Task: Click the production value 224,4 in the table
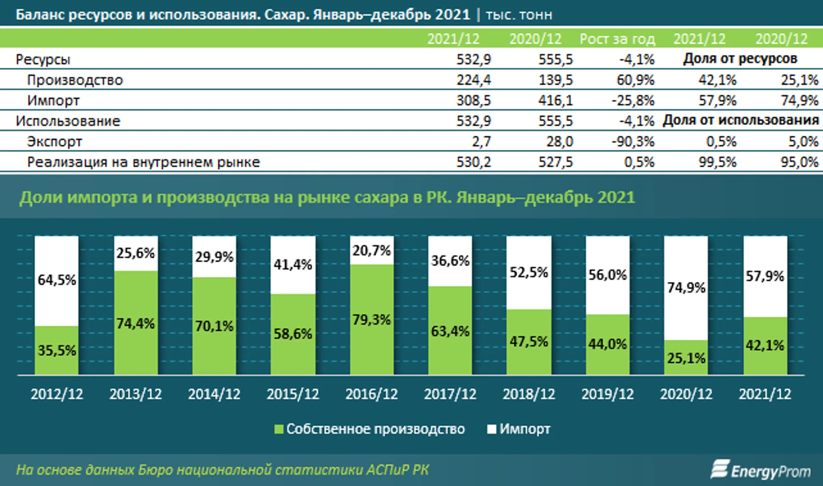click(x=474, y=80)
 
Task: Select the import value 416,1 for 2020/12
click(x=555, y=101)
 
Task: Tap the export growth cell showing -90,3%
click(x=633, y=142)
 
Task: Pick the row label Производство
click(x=75, y=80)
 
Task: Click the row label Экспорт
click(x=54, y=142)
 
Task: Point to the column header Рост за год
click(x=617, y=39)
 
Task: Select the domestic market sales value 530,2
click(x=474, y=162)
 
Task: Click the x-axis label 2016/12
click(x=371, y=394)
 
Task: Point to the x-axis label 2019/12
click(x=607, y=394)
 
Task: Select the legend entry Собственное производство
click(x=375, y=429)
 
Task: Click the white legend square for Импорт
click(x=492, y=429)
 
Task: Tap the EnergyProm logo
click(x=761, y=470)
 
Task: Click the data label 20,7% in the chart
click(x=371, y=251)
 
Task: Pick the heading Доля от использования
click(x=740, y=120)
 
